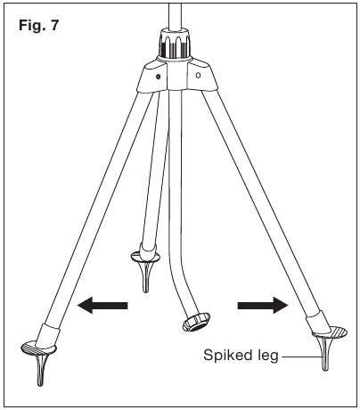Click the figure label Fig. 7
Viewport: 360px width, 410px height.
click(39, 26)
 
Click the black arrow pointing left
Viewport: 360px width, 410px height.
click(102, 305)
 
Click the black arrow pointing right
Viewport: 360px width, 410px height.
click(263, 305)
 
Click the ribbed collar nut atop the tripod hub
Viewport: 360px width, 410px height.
click(175, 44)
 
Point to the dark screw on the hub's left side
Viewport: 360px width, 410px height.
click(159, 76)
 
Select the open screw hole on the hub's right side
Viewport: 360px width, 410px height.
click(199, 76)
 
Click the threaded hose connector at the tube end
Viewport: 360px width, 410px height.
click(196, 322)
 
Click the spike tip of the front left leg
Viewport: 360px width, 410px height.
click(40, 385)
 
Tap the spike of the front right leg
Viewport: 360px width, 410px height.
click(325, 355)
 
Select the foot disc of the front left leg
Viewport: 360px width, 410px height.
click(38, 348)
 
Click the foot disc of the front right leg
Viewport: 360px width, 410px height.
click(330, 332)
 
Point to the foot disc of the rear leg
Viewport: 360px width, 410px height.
click(145, 257)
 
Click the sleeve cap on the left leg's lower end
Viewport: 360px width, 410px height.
click(47, 335)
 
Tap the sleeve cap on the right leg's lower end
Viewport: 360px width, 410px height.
click(318, 322)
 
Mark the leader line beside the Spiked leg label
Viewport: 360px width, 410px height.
click(300, 357)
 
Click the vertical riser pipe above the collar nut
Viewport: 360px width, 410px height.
click(175, 15)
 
